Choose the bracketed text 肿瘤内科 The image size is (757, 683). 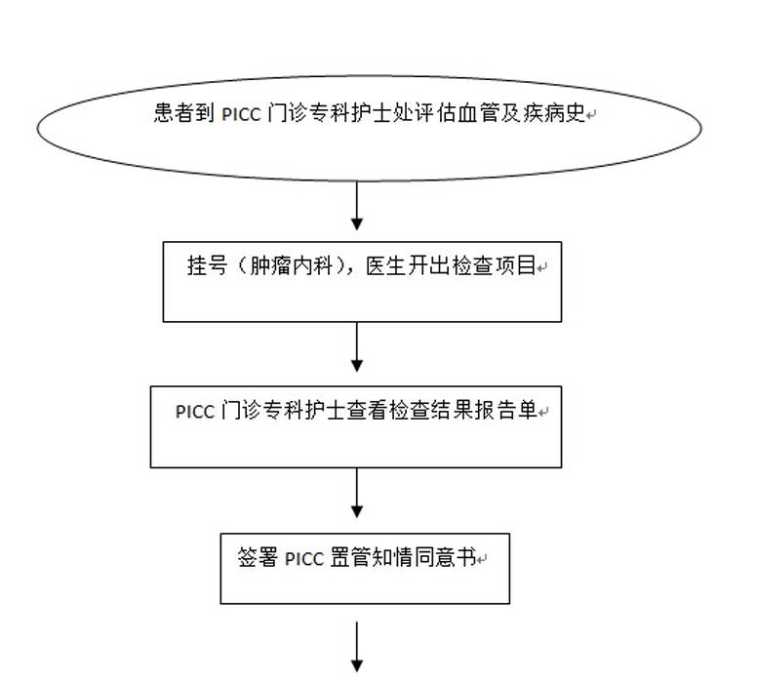tap(282, 265)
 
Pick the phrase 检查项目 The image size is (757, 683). tap(496, 265)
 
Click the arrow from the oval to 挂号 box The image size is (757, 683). tap(357, 208)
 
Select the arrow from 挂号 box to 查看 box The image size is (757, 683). tap(357, 348)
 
